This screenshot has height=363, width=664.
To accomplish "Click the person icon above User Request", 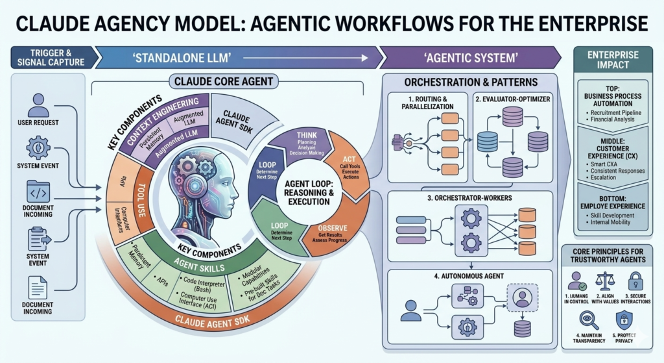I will [x=38, y=105].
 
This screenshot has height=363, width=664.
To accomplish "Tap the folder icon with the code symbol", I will [x=38, y=192].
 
